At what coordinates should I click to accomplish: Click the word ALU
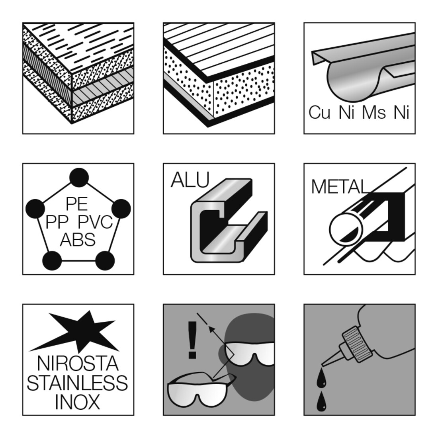[190, 180]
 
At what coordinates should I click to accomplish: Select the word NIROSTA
[78, 364]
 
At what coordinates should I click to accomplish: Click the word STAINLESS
[77, 383]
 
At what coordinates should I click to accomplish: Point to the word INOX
[78, 402]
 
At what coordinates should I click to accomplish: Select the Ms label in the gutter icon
[374, 112]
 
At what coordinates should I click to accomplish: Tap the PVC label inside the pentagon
[95, 222]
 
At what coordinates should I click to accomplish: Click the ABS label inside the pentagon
[78, 240]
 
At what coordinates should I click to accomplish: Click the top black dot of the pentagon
[79, 178]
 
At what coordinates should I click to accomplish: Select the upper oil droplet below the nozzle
[321, 377]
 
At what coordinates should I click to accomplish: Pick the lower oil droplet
[321, 401]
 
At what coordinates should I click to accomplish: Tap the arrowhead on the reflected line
[213, 330]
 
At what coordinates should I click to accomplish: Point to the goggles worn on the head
[250, 353]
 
